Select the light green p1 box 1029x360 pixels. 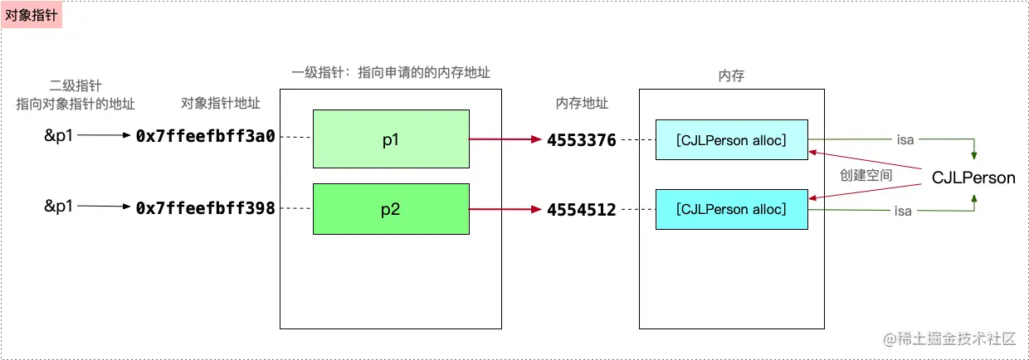(x=391, y=139)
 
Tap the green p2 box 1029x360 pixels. (x=391, y=209)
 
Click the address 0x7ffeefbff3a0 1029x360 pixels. (x=205, y=137)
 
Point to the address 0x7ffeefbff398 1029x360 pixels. (x=205, y=208)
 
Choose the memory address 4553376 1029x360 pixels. (x=581, y=140)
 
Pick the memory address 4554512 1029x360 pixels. (x=581, y=210)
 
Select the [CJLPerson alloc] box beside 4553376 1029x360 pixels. (x=731, y=139)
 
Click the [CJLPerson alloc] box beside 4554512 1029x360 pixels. (x=731, y=209)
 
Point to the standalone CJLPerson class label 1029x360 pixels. (x=973, y=178)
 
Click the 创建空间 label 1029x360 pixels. (x=866, y=176)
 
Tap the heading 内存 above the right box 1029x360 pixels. (x=731, y=75)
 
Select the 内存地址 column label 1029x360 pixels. (x=582, y=104)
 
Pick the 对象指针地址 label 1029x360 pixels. (x=220, y=104)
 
